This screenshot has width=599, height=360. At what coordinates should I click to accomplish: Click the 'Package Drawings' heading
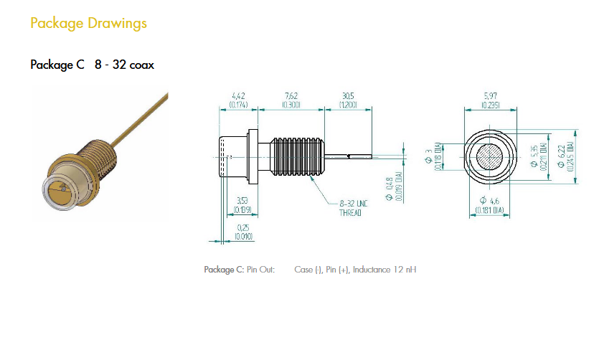pos(88,23)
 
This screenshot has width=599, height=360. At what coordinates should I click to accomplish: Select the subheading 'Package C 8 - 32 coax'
pos(92,65)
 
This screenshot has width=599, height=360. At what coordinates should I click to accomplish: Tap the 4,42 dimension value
pos(239,95)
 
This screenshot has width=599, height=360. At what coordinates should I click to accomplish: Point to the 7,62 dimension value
pos(291,95)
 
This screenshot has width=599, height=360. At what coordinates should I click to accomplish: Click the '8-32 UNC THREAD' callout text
pos(352,208)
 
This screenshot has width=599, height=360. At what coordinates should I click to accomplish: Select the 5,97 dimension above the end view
pos(491,95)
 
